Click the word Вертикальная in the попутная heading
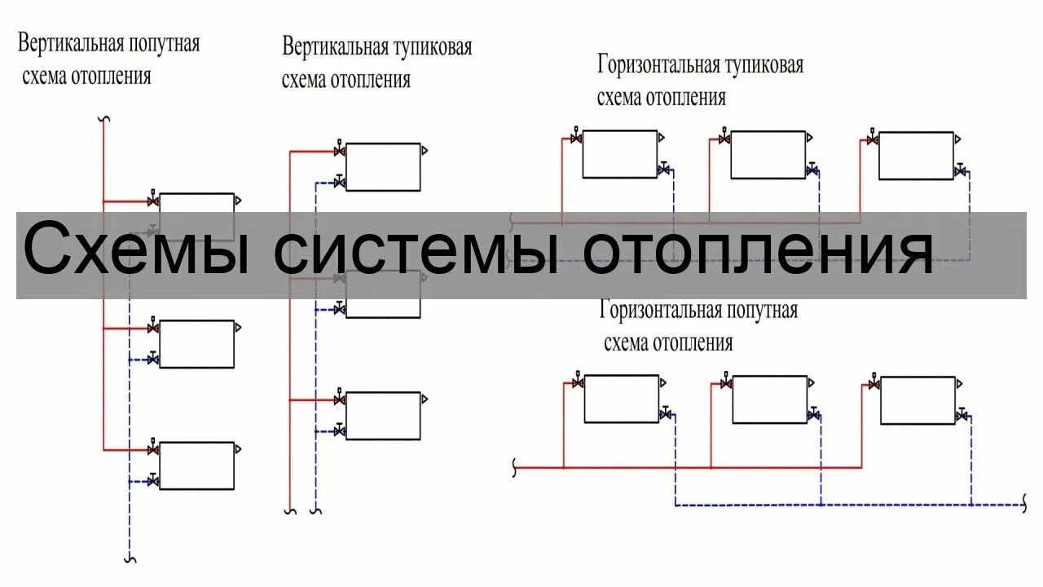click(71, 43)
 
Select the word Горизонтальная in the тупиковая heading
click(660, 64)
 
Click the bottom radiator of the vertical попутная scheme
click(196, 466)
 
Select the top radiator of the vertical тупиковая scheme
click(383, 167)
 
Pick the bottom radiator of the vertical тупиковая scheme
click(383, 416)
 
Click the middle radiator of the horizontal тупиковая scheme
click(768, 154)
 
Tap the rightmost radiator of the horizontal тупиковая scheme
click(916, 155)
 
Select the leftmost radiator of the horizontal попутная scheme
click(622, 399)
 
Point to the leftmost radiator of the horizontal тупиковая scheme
click(619, 154)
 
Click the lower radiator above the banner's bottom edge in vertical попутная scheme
click(196, 344)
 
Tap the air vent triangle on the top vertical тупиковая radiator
click(425, 151)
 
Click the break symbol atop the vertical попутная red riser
click(103, 120)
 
